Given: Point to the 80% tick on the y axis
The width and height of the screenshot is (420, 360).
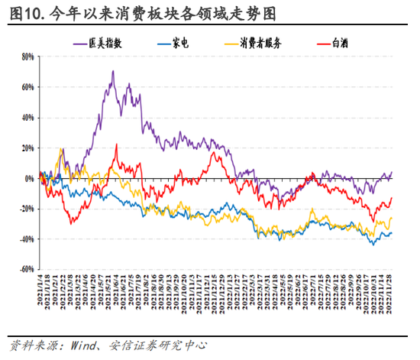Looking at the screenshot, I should tap(27, 57).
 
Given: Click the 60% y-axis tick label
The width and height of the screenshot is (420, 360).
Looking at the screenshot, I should tap(27, 87).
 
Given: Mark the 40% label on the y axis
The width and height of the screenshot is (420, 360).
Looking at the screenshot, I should tap(27, 118).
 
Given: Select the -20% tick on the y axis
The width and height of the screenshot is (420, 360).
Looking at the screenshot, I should tap(26, 209).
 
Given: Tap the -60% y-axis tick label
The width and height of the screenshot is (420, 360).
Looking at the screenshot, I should tap(26, 269).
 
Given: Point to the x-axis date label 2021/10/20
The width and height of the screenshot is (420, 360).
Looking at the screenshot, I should tap(185, 294).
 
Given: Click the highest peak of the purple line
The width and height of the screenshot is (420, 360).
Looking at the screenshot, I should tap(113, 72).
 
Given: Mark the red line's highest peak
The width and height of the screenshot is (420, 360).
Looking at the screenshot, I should tap(116, 144).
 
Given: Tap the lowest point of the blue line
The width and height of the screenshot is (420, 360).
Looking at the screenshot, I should tap(374, 245).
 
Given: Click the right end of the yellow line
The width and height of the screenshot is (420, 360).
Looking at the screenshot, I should tap(392, 218).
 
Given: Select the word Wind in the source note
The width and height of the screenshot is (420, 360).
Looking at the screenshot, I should tap(92, 345).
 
